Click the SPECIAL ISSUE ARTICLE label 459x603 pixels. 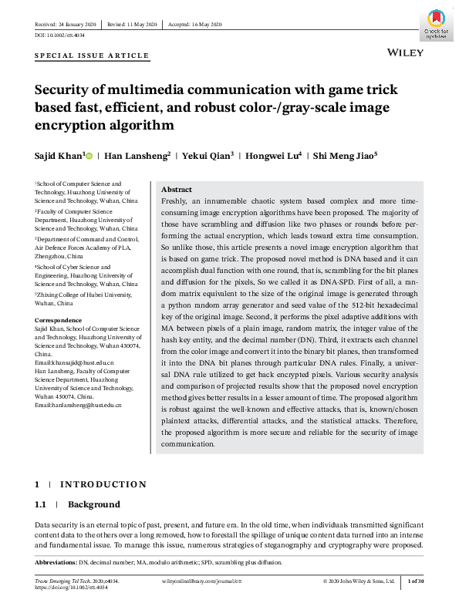click(x=92, y=56)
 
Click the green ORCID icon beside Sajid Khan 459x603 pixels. click(x=89, y=157)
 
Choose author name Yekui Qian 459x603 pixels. click(x=205, y=156)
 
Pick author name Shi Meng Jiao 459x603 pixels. click(x=344, y=156)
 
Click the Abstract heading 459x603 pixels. click(x=177, y=190)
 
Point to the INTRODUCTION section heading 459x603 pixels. click(x=103, y=484)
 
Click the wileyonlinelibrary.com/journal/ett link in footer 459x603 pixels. click(x=201, y=581)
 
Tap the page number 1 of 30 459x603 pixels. click(x=415, y=581)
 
